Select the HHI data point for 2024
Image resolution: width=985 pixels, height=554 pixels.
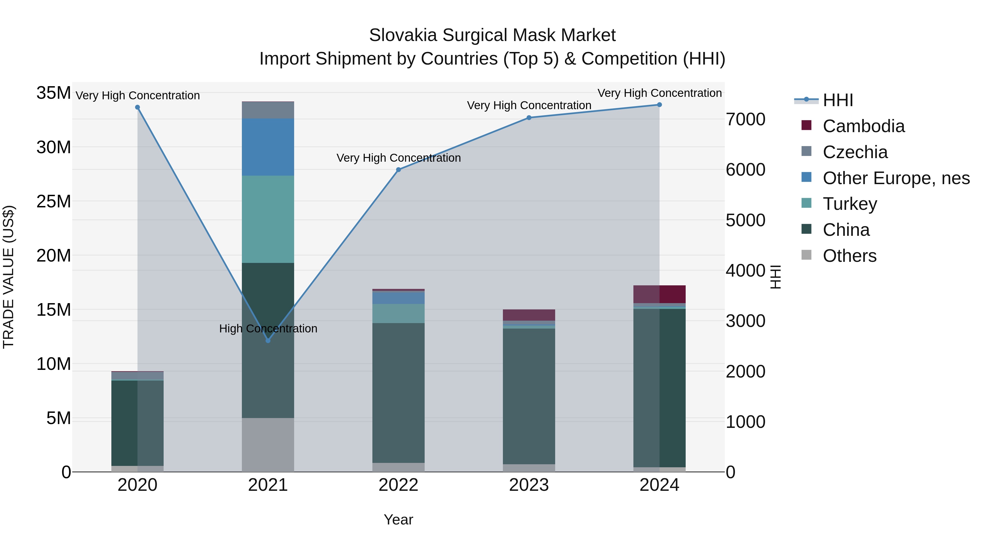tap(659, 105)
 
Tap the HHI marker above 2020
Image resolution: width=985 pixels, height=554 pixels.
tap(137, 108)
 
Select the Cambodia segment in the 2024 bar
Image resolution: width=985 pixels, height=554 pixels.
tap(659, 294)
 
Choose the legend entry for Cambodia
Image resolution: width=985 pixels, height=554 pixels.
tap(864, 126)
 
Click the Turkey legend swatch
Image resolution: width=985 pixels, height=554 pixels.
tap(806, 203)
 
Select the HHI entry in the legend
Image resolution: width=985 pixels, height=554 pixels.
tap(838, 100)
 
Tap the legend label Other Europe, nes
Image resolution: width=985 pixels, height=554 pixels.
tap(896, 178)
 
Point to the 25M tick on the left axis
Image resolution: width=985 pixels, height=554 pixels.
tap(54, 201)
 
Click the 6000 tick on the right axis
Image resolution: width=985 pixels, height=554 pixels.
tap(745, 170)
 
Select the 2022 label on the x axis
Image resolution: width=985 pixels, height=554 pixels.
tap(398, 485)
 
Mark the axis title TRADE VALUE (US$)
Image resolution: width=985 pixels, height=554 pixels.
tap(8, 277)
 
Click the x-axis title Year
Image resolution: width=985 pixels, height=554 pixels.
tap(398, 520)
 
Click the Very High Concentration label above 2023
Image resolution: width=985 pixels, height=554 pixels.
tap(529, 105)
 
